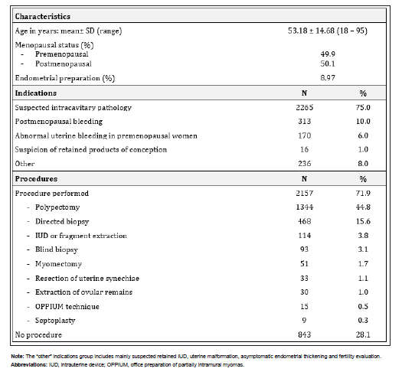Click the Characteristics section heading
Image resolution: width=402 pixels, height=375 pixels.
coord(46,15)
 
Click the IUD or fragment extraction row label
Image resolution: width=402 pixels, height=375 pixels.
coord(80,236)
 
